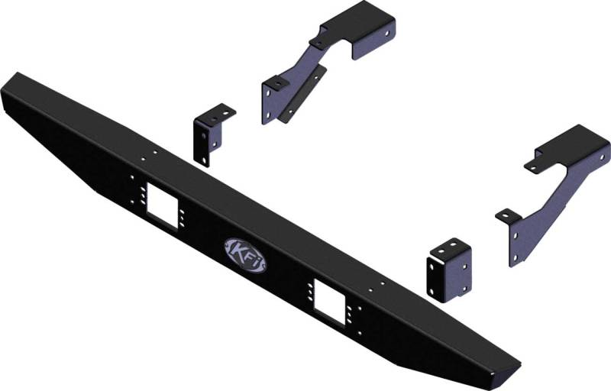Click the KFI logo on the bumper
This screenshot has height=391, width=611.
245,256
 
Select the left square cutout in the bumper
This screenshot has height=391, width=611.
163,206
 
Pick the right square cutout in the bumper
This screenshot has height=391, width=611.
330,302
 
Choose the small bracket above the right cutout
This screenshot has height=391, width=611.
449,270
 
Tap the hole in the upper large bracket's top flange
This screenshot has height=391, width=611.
387,34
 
